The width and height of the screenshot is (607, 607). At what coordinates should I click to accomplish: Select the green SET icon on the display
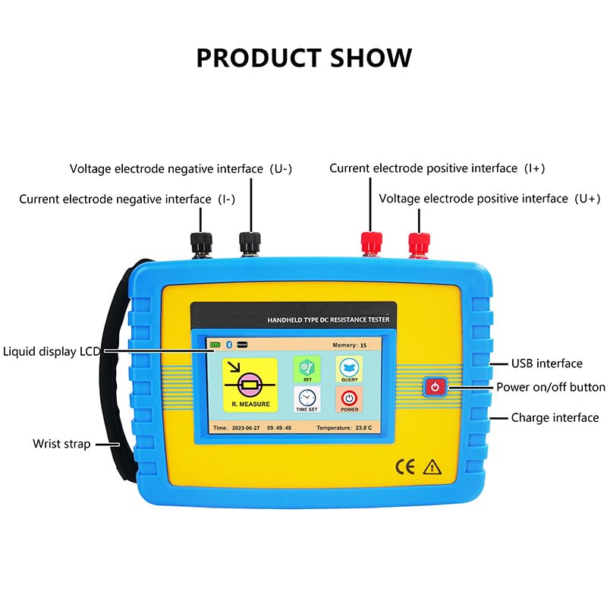(x=307, y=370)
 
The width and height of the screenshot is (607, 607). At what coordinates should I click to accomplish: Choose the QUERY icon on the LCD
(x=349, y=370)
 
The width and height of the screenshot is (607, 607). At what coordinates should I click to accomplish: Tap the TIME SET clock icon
(x=307, y=400)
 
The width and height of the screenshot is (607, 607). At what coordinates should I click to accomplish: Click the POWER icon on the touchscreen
(x=349, y=400)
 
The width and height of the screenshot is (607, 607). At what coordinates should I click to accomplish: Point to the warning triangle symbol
(x=432, y=467)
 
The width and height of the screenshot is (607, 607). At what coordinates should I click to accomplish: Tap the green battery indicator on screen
(x=216, y=344)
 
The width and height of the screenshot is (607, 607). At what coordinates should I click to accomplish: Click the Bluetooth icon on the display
(x=229, y=344)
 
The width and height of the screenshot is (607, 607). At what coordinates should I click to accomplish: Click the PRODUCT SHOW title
(x=303, y=58)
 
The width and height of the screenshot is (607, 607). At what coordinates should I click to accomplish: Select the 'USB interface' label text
(x=546, y=364)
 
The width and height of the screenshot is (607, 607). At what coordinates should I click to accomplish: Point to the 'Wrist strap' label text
(x=61, y=444)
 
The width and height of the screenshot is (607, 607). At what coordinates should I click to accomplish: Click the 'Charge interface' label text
(x=555, y=418)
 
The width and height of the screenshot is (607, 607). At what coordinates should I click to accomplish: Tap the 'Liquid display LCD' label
(x=51, y=351)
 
